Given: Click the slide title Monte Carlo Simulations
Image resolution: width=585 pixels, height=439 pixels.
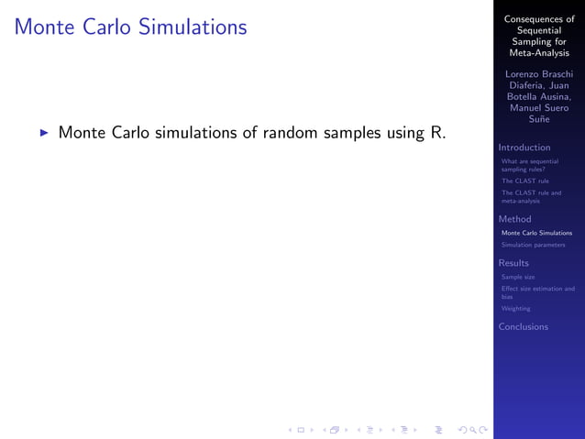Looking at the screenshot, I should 130,27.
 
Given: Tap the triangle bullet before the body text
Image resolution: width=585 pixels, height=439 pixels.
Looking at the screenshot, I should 43,134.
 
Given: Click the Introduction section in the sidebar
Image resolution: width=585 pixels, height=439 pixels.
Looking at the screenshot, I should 524,148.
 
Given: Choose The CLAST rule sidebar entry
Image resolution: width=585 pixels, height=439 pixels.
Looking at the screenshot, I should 524,181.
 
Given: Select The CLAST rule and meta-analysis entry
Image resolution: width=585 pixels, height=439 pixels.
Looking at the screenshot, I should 531,197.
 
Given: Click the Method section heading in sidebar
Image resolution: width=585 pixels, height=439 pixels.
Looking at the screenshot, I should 514,219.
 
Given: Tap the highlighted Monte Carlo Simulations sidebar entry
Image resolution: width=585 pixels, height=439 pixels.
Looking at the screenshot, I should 536,233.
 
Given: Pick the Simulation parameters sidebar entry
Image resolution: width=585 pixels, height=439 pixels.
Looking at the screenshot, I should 533,245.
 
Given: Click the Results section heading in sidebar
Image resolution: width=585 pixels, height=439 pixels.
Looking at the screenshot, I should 514,263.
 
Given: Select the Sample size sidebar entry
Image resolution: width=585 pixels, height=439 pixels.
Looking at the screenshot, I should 518,277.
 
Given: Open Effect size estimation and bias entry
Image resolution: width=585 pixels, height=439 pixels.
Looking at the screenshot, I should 537,292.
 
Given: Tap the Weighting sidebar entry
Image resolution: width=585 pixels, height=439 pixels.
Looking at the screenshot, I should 515,309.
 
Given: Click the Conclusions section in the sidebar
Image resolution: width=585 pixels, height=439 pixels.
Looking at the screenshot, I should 524,326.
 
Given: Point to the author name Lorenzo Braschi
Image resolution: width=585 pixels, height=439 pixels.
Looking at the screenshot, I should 539,73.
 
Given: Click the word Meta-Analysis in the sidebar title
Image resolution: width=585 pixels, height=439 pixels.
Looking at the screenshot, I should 539,53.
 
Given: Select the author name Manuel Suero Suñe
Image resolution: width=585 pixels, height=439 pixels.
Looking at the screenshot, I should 539,114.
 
